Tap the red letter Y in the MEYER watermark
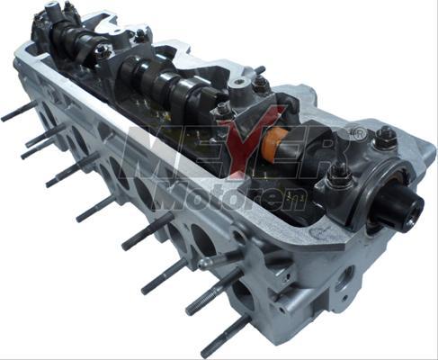251,141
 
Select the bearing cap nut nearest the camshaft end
339,174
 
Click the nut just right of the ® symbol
385,137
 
